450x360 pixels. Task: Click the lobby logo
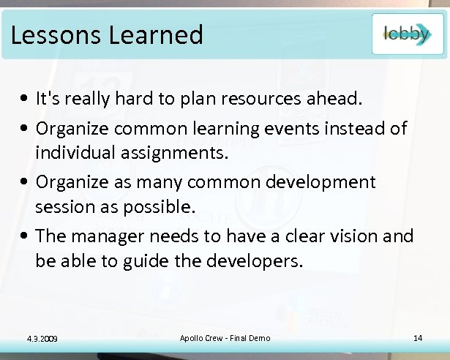pyautogui.click(x=407, y=34)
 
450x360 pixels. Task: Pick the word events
pyautogui.click(x=303, y=129)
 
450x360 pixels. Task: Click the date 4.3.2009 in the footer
pyautogui.click(x=42, y=337)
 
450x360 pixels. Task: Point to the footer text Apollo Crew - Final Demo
pyautogui.click(x=225, y=337)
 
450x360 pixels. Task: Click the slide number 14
pyautogui.click(x=419, y=337)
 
